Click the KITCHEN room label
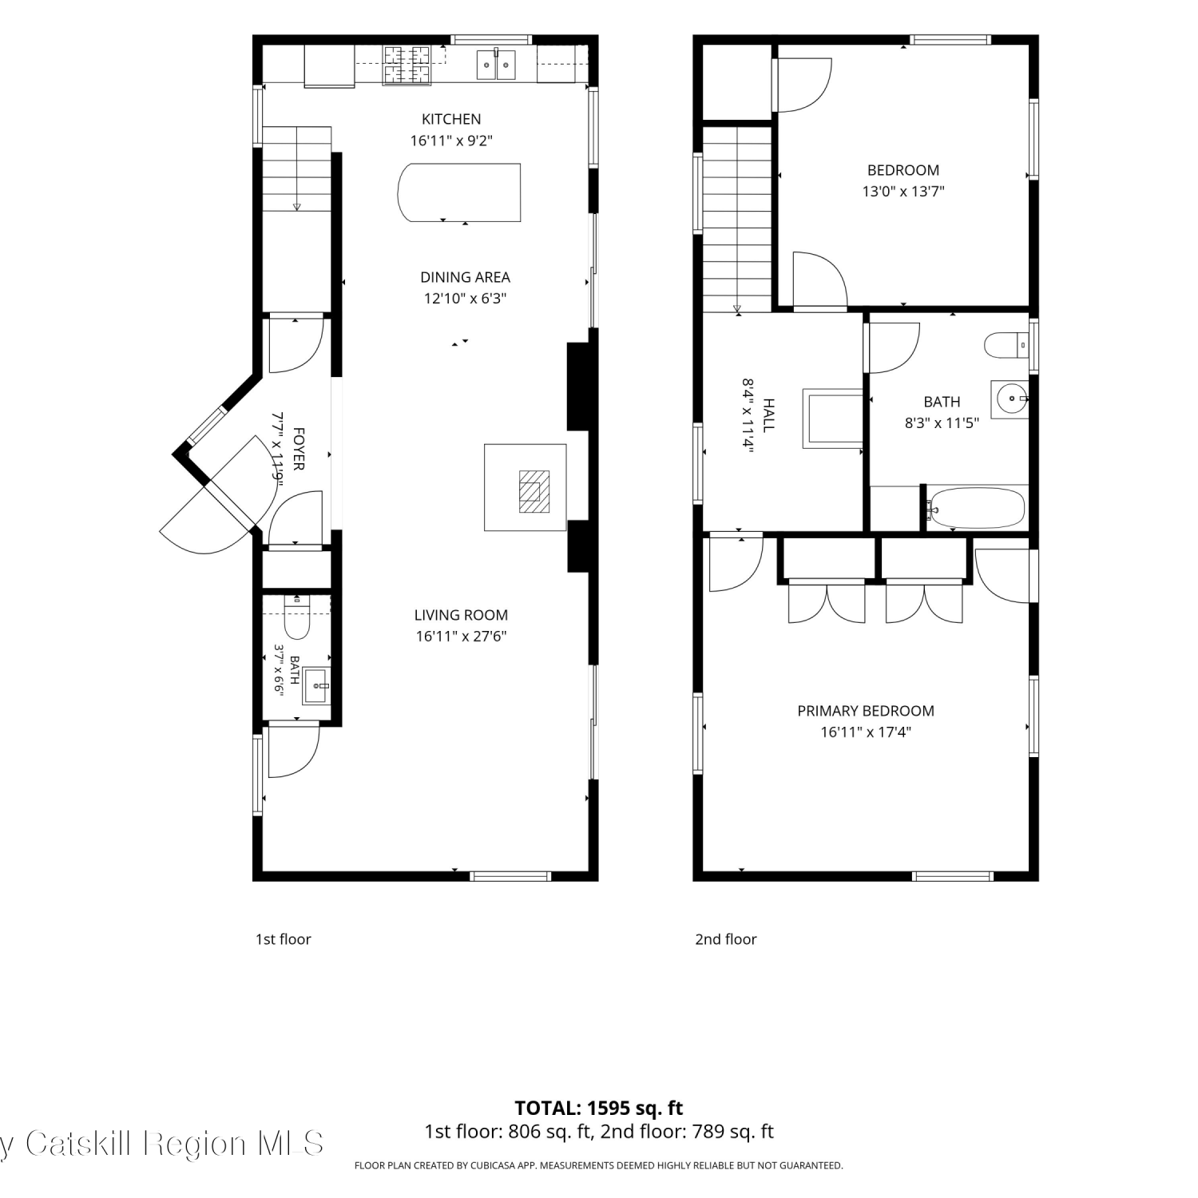pyautogui.click(x=451, y=119)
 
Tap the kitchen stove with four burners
pyautogui.click(x=407, y=65)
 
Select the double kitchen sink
pyautogui.click(x=496, y=64)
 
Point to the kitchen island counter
pyautogui.click(x=459, y=192)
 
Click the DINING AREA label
pyautogui.click(x=465, y=277)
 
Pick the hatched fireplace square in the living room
pyautogui.click(x=533, y=491)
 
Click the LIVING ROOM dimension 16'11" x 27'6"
pyautogui.click(x=461, y=637)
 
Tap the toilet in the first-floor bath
pyautogui.click(x=297, y=617)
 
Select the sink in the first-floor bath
pyautogui.click(x=316, y=686)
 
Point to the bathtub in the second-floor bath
pyautogui.click(x=975, y=507)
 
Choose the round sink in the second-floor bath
pyautogui.click(x=1010, y=399)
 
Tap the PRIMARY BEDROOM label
pyautogui.click(x=866, y=711)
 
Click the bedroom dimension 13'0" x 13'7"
pyautogui.click(x=903, y=192)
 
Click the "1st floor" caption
pyautogui.click(x=283, y=939)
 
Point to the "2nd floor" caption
pyautogui.click(x=725, y=939)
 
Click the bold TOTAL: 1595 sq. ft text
pyautogui.click(x=599, y=1109)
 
